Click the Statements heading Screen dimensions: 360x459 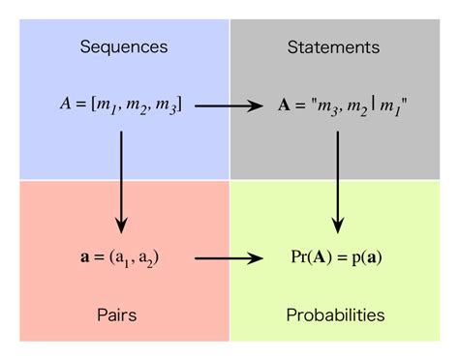334,46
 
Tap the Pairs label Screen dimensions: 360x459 122,315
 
